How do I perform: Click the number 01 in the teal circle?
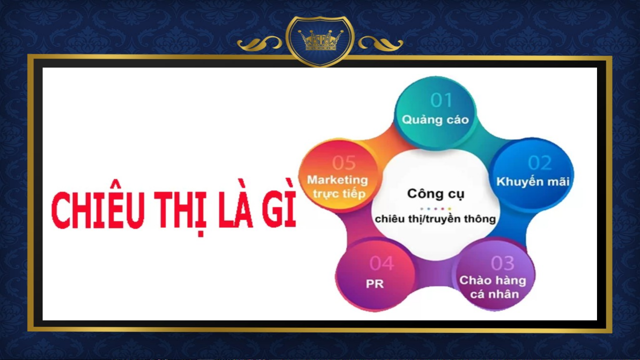441,100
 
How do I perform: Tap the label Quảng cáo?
435,120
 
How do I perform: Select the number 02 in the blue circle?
540,163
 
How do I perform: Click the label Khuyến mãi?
533,181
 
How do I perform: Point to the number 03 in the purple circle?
503,263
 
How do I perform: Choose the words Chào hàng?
493,280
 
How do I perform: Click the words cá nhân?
494,294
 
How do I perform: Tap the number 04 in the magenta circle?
382,263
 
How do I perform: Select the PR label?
375,284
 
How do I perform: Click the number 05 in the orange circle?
344,163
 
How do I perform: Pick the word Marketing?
337,180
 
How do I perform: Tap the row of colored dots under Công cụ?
435,209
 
